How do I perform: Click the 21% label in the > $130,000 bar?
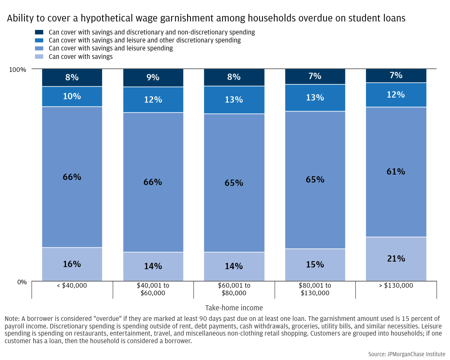pyautogui.click(x=396, y=259)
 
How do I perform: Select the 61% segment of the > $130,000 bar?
pyautogui.click(x=396, y=172)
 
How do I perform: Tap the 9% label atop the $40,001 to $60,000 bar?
pyautogui.click(x=153, y=77)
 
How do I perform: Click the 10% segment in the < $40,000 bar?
pyautogui.click(x=72, y=96)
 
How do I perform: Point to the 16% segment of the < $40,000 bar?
pyautogui.click(x=72, y=264)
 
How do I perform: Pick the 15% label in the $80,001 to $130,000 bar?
pyautogui.click(x=315, y=265)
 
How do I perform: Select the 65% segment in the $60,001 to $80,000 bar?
pyautogui.click(x=234, y=183)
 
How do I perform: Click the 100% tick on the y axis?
pyautogui.click(x=18, y=69)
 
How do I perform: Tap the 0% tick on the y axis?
pyautogui.click(x=22, y=282)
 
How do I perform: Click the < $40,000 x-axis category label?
pyautogui.click(x=72, y=286)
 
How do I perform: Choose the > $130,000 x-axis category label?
pyautogui.click(x=396, y=286)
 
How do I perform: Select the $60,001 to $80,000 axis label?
pyautogui.click(x=234, y=289)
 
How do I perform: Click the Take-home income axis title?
pyautogui.click(x=234, y=308)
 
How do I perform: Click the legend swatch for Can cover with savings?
pyautogui.click(x=39, y=56)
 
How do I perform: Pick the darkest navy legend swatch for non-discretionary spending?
pyautogui.click(x=39, y=32)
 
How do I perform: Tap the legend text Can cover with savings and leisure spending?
pyautogui.click(x=111, y=48)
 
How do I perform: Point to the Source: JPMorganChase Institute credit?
pyautogui.click(x=406, y=354)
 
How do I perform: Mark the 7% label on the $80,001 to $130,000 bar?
pyautogui.click(x=315, y=76)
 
